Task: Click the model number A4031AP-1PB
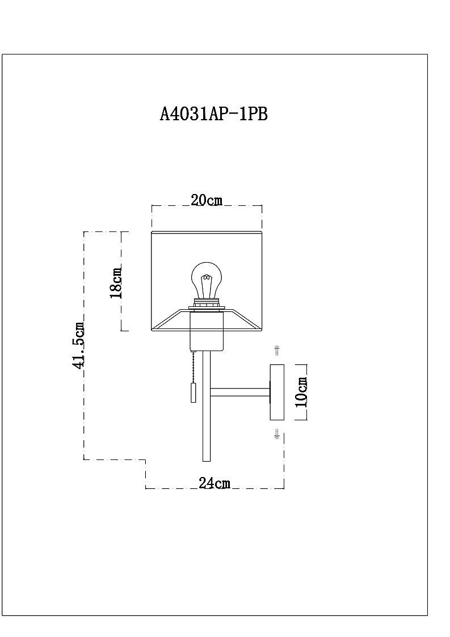[214, 114]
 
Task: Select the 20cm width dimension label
[207, 200]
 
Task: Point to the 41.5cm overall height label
[78, 345]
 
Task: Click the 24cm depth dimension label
[214, 483]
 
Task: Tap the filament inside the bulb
[207, 281]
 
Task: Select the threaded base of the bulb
[207, 302]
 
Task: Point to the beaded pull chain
[195, 366]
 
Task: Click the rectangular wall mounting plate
[277, 392]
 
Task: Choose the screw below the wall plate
[277, 436]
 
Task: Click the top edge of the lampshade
[207, 231]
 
